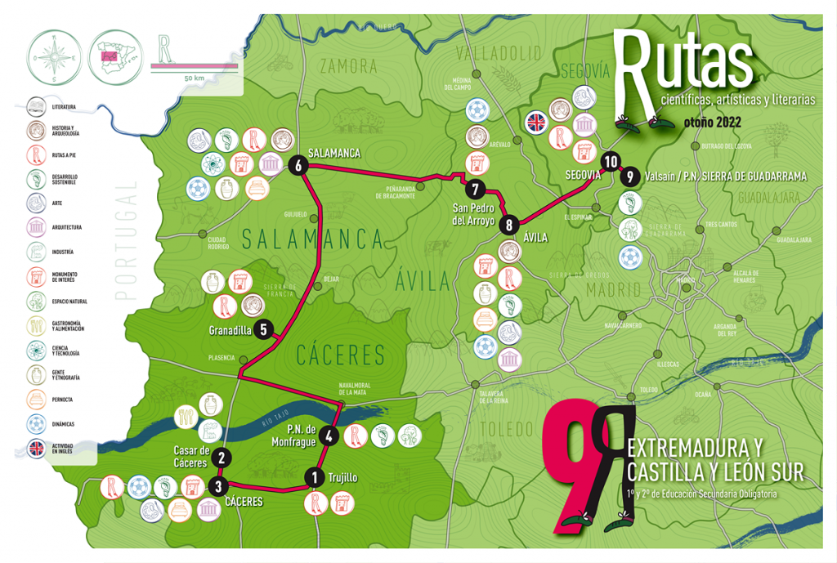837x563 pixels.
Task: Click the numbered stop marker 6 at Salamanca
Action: (297, 165)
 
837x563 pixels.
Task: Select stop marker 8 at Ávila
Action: (509, 225)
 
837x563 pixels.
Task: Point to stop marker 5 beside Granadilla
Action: (262, 330)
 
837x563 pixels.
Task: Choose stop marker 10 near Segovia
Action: (609, 161)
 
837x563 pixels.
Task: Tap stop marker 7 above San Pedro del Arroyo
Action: (474, 190)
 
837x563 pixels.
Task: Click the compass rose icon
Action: (53, 58)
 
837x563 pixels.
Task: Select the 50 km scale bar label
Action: (195, 78)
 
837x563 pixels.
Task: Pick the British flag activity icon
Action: (537, 122)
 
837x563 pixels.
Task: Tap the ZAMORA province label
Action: (351, 66)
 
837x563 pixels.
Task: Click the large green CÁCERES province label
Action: (339, 355)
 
